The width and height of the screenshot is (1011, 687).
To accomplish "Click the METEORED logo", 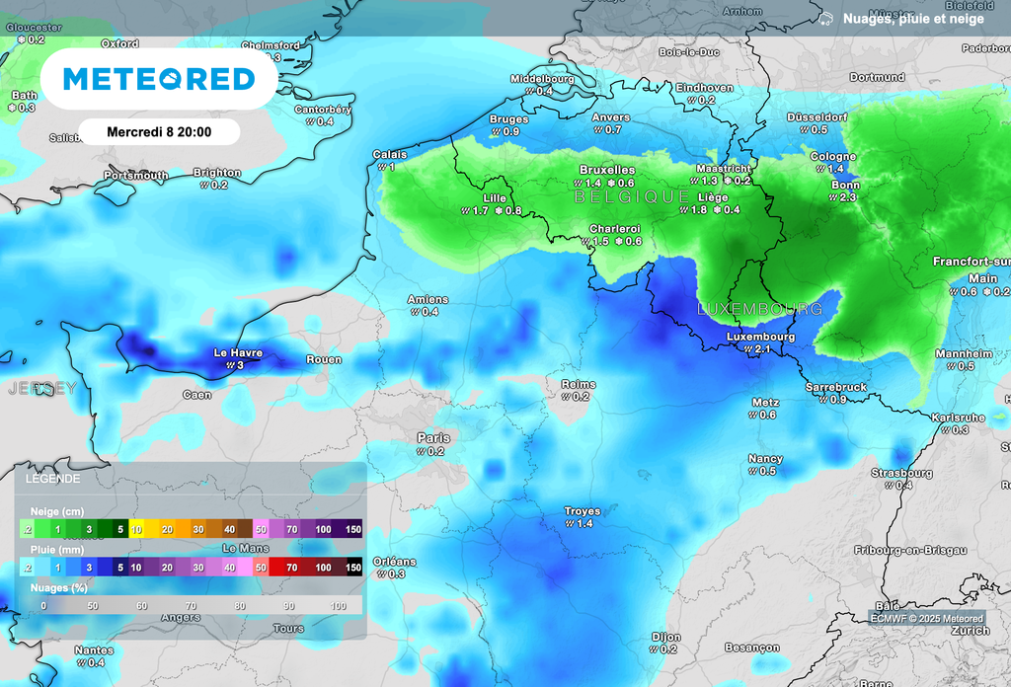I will [159, 79].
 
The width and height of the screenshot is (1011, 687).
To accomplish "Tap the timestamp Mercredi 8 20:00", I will [159, 131].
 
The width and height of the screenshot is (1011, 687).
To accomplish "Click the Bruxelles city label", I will [607, 170].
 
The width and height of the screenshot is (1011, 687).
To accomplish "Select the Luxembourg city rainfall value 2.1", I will [762, 349].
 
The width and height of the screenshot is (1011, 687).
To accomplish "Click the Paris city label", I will [432, 438].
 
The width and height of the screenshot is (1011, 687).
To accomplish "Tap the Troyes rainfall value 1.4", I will [584, 524].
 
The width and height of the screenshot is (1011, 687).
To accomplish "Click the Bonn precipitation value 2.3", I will [847, 198].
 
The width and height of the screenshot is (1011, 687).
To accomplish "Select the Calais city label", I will [389, 154].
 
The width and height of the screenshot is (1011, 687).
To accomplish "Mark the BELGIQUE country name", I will [632, 197].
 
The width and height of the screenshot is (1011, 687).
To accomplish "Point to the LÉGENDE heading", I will [47, 478].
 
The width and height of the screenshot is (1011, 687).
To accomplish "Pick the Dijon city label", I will [666, 637].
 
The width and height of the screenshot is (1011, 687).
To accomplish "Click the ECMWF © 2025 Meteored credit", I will [926, 618].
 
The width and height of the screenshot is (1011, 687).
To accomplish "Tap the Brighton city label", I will [216, 172].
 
